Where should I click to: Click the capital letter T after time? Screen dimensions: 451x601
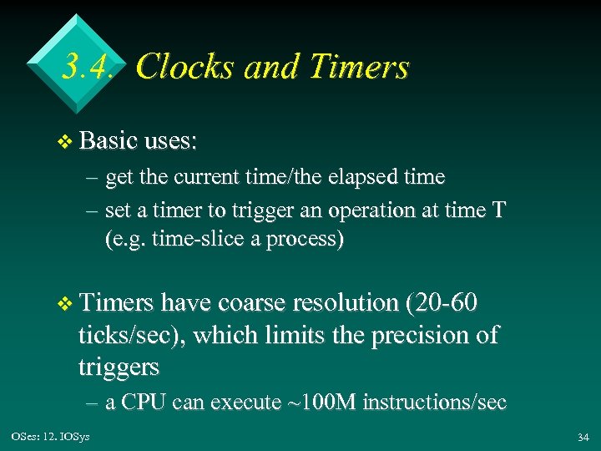498,210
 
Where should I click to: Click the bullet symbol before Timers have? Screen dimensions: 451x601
67,303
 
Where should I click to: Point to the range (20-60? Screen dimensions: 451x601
442,302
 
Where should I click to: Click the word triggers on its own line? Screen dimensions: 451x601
119,367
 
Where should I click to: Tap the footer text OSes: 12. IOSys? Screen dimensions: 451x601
49,437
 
